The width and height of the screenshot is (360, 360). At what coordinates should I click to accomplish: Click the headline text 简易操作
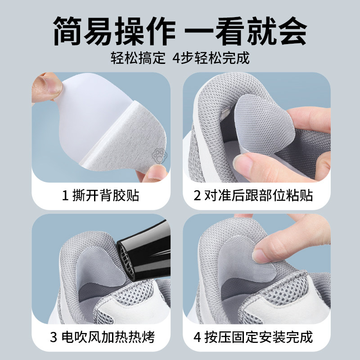click(114, 31)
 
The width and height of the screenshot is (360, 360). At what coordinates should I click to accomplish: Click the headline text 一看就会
click(246, 31)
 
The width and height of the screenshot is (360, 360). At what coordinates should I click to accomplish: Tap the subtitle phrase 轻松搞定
click(138, 58)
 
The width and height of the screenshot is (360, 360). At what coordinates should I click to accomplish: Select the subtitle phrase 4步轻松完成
click(211, 58)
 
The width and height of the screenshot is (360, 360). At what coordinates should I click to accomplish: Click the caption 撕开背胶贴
click(106, 196)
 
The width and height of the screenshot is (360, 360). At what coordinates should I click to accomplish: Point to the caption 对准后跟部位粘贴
click(258, 196)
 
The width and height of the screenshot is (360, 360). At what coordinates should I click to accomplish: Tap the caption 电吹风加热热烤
click(108, 337)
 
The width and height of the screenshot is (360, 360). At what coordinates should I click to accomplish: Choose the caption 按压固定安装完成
click(258, 337)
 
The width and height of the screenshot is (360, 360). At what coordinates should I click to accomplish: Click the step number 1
click(65, 196)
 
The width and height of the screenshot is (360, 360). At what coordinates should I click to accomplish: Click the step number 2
click(197, 196)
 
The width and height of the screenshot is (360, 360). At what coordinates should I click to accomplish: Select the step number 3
click(54, 337)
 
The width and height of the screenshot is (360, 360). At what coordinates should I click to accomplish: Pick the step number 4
click(198, 337)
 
